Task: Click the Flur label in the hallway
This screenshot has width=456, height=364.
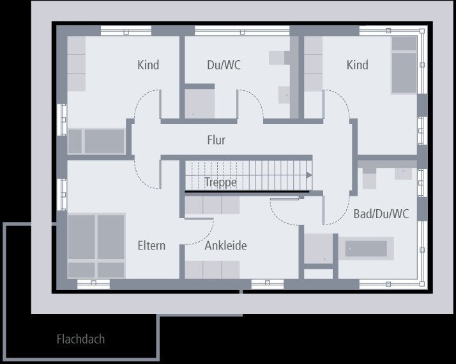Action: (x=216, y=140)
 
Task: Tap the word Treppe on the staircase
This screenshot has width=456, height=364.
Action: (x=220, y=182)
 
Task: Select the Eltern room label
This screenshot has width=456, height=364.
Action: (x=151, y=246)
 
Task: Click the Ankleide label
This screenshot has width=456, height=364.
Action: (x=225, y=246)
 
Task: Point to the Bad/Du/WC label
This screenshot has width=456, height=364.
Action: (x=381, y=214)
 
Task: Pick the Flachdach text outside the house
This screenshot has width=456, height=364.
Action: (x=80, y=339)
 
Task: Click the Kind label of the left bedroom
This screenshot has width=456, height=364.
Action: (x=148, y=65)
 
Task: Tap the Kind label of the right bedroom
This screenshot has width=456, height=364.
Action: (x=357, y=65)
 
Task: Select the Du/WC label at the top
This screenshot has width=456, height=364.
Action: (x=224, y=65)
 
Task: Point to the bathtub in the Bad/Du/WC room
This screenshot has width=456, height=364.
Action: (x=366, y=248)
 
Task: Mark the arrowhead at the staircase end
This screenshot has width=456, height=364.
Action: (x=309, y=175)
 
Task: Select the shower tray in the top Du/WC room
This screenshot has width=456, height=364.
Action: (x=199, y=103)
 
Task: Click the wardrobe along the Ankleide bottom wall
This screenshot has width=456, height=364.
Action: (x=212, y=270)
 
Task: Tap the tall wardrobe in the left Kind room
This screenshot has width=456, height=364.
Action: (x=77, y=63)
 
